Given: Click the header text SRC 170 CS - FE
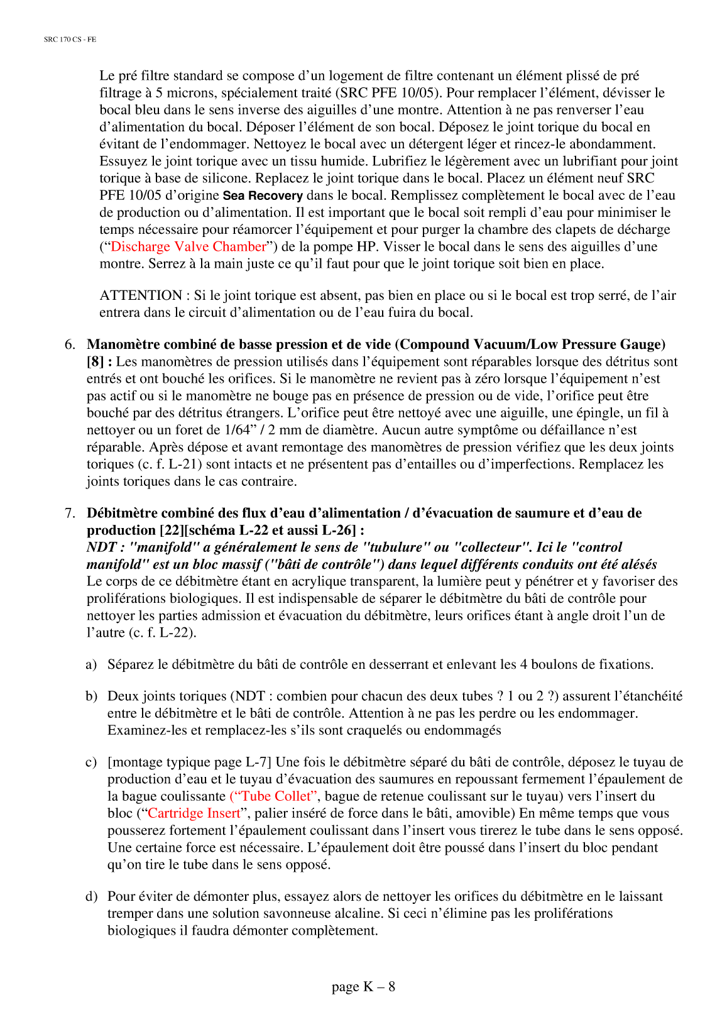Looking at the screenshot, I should (x=70, y=40).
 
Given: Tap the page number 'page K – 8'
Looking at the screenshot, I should (x=363, y=986).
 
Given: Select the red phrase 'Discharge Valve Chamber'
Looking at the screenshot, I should (x=189, y=246).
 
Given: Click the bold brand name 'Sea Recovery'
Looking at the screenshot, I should (x=263, y=195).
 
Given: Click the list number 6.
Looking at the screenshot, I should (x=70, y=344).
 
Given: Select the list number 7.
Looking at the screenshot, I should (x=70, y=513).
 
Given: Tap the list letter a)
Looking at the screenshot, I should (x=91, y=664).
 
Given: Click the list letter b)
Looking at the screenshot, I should (x=91, y=696).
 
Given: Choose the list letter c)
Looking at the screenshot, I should (x=91, y=762).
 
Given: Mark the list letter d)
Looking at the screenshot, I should (x=91, y=896).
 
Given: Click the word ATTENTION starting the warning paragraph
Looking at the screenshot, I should (x=141, y=295).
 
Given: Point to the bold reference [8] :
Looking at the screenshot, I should (x=99, y=361).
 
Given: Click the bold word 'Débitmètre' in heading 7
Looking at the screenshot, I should (x=120, y=513).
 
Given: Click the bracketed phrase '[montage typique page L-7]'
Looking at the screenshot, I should (x=189, y=762).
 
